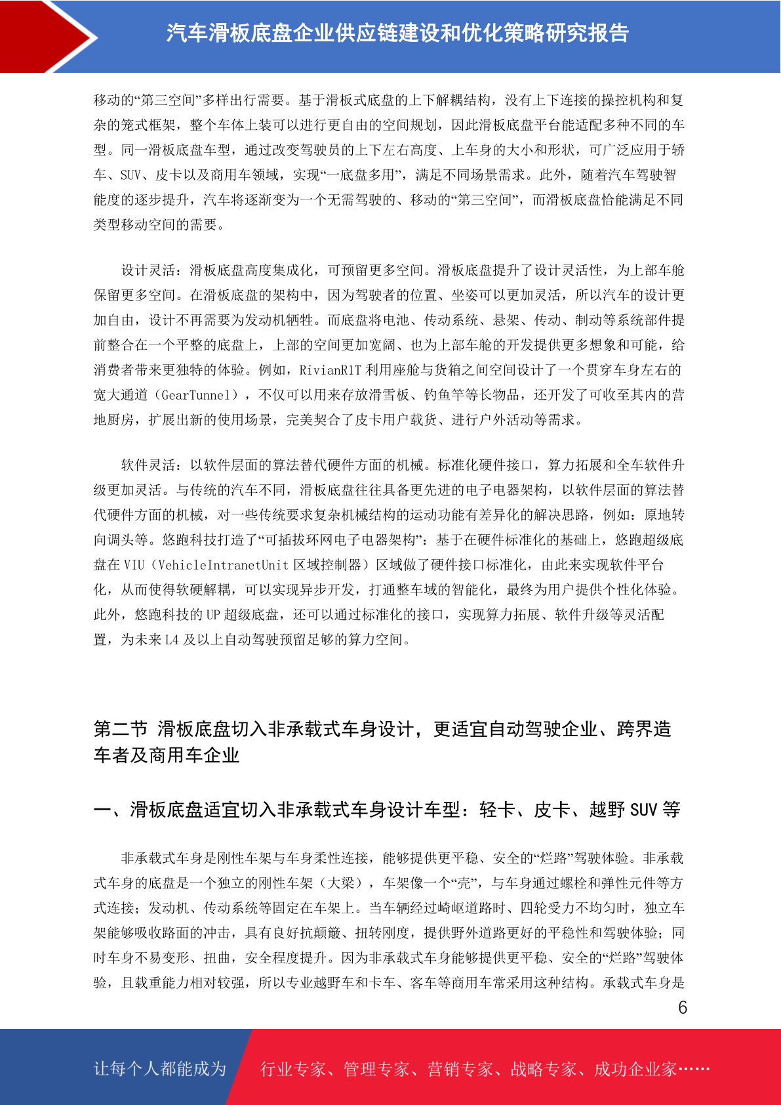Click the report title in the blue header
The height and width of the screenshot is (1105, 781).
click(x=397, y=33)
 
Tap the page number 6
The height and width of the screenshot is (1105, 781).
click(x=683, y=1007)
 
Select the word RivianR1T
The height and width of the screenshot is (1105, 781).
click(x=330, y=370)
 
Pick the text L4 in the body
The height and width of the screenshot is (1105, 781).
click(x=171, y=640)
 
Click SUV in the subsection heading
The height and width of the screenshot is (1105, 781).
click(x=643, y=810)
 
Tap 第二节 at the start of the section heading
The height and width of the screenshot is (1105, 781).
click(x=121, y=729)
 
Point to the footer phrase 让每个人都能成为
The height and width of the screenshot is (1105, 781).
click(x=160, y=1069)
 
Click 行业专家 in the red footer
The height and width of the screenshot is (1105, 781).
click(x=293, y=1070)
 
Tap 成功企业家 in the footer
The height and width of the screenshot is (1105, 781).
click(x=635, y=1070)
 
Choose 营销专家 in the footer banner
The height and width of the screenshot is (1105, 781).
click(x=460, y=1070)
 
